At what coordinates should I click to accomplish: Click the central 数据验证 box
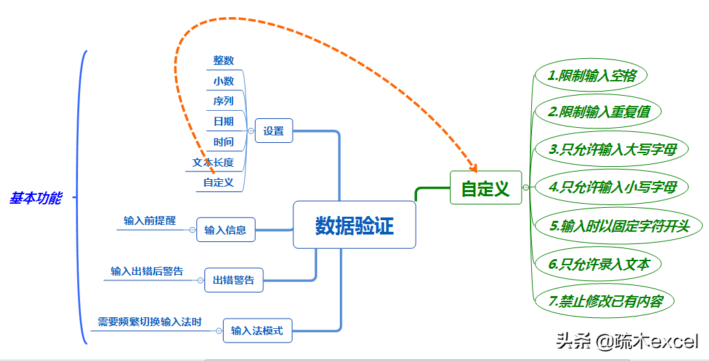[354, 225]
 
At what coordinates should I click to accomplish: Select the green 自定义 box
[485, 188]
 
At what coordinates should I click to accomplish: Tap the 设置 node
[274, 131]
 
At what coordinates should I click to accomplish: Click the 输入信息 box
[226, 230]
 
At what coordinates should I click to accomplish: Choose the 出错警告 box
[234, 280]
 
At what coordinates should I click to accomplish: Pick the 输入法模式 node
[257, 331]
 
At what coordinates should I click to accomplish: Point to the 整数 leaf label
[224, 60]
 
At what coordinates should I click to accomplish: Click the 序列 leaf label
[224, 101]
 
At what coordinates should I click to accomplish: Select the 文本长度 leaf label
[213, 163]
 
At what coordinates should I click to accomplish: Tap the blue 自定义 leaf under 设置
[218, 183]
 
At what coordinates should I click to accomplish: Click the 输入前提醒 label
[150, 221]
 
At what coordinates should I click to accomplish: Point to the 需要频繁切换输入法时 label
[150, 322]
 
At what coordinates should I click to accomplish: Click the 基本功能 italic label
[36, 198]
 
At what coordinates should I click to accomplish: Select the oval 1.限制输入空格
[591, 75]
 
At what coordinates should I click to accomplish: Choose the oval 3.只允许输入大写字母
[612, 149]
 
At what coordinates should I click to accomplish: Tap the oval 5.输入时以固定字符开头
[619, 226]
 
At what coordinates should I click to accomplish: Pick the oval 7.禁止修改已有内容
[605, 301]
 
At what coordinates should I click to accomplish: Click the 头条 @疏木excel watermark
[627, 340]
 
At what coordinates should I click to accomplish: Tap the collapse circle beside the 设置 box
[251, 131]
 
